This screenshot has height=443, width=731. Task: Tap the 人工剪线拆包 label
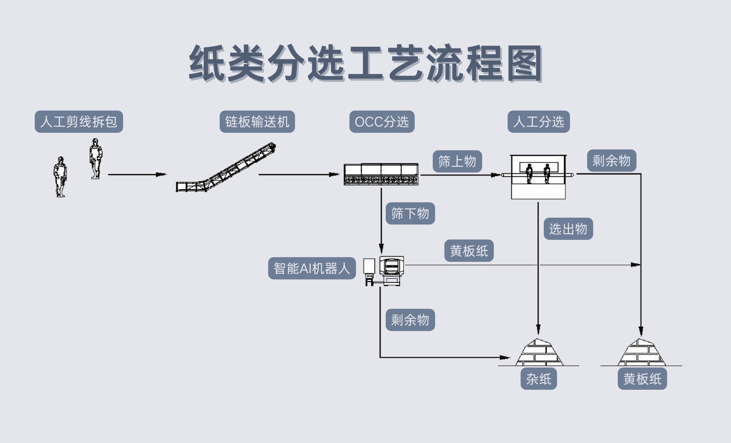point(79,122)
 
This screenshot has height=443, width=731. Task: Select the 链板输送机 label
point(257,122)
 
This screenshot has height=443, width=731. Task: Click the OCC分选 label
point(382,122)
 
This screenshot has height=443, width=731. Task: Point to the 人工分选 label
point(539,122)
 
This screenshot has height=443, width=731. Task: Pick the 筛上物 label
point(457,161)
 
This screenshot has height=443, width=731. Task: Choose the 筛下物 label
point(410,213)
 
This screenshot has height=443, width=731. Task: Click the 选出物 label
point(568,229)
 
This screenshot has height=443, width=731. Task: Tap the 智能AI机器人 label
point(311,268)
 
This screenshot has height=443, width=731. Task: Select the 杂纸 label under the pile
point(539,379)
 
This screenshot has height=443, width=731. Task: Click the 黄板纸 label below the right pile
point(642,379)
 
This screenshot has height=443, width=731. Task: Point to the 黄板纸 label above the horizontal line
point(469,251)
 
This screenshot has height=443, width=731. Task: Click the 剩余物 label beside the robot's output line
point(410,320)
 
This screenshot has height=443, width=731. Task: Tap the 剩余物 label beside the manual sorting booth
point(611,161)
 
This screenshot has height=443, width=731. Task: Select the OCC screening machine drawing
point(381,174)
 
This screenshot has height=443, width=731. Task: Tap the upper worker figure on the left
point(95,159)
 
